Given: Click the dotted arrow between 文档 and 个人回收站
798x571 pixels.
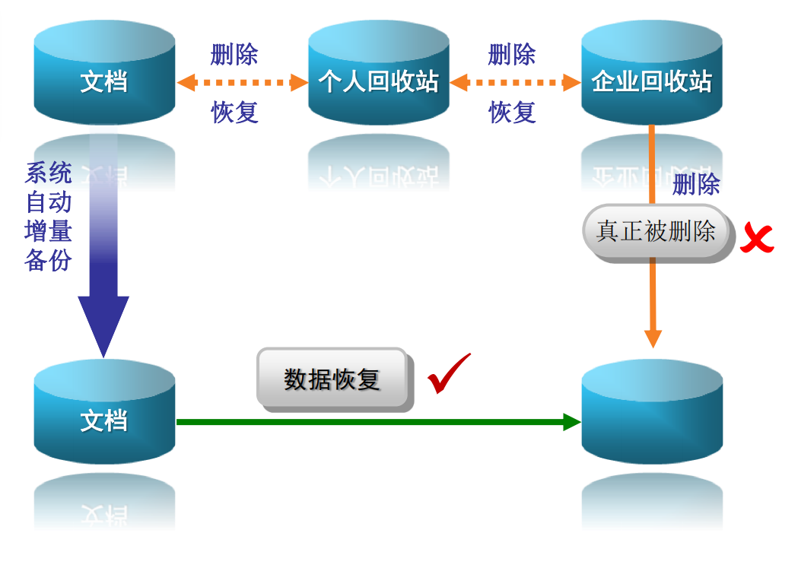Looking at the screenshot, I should (241, 82).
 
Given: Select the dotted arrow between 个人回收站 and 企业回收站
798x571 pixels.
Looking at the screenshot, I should (515, 82).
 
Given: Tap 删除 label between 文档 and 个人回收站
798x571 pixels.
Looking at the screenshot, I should (234, 55).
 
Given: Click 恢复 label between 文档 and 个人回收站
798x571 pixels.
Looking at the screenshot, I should (234, 113).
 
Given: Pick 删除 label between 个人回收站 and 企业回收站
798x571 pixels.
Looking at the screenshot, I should (512, 55).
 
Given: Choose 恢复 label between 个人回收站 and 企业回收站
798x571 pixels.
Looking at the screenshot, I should (512, 113).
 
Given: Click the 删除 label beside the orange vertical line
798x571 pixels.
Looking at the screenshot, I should (696, 184).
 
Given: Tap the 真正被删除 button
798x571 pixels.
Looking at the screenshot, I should (656, 231).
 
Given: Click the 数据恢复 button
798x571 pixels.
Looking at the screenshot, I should (332, 378).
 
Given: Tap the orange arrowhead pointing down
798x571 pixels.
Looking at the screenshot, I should (653, 338).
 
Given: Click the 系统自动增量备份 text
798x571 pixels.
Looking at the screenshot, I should (48, 217).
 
